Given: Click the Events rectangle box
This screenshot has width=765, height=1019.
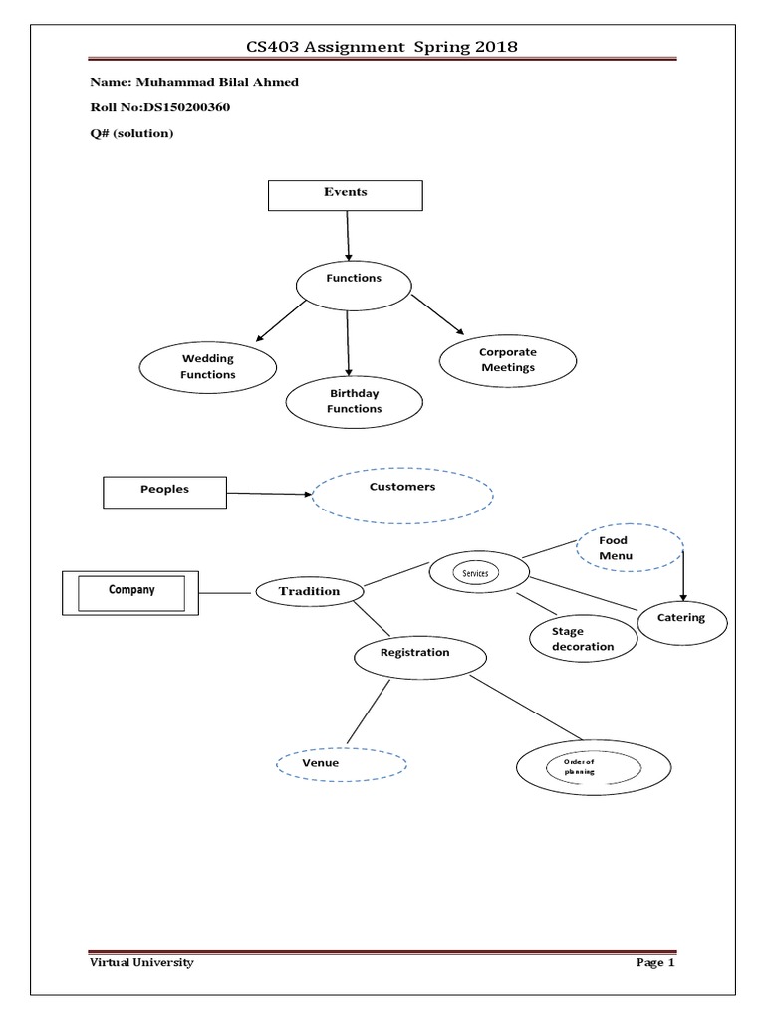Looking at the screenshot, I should coord(346,195).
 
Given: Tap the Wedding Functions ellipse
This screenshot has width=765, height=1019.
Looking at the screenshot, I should coord(208,367).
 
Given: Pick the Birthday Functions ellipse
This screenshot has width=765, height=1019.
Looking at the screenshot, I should coord(356,401).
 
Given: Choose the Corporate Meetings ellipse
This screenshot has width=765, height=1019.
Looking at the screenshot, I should coord(507,360).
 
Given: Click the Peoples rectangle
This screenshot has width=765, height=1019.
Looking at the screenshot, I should coord(165,490).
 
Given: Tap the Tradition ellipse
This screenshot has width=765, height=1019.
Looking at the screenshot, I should coord(309,592).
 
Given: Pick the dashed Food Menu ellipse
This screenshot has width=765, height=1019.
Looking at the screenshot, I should coord(630,548).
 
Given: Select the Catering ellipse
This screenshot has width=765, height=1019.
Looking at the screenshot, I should coord(682,619).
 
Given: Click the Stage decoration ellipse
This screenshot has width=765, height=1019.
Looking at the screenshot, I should coord(582,639).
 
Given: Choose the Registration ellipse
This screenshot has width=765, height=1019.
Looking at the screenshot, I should coord(420,655).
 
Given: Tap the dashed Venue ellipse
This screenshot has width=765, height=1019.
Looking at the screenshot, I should coord(341,764).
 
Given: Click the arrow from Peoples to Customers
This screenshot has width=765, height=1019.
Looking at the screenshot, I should coord(269,493).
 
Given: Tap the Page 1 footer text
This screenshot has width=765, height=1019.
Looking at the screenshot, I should coord(655,963).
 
